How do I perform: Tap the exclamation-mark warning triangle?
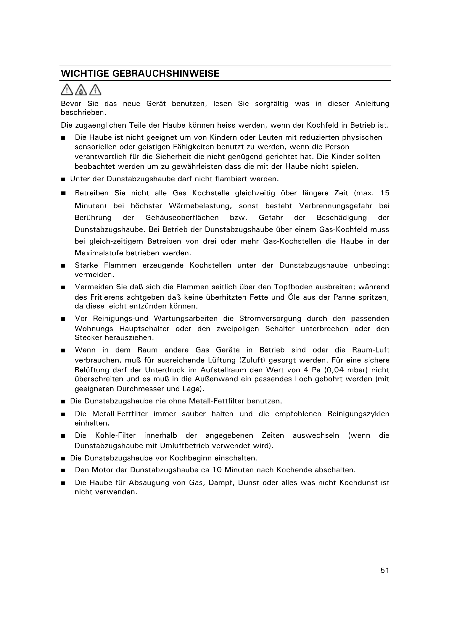[x=67, y=90]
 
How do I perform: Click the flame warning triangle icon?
[x=80, y=90]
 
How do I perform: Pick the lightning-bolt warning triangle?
[x=95, y=90]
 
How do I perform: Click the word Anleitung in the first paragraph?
[x=372, y=104]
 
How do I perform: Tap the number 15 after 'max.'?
[x=385, y=193]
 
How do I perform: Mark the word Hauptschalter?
[x=144, y=329]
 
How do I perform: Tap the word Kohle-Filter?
[x=115, y=435]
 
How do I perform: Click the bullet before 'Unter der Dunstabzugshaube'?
[x=63, y=179]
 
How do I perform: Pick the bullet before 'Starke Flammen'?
[x=63, y=266]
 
